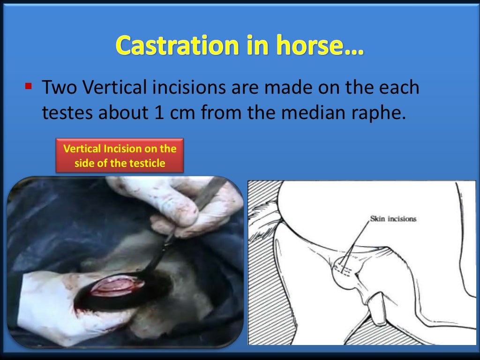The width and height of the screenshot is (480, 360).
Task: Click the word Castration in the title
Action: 170,45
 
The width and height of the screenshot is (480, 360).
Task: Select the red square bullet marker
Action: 29,86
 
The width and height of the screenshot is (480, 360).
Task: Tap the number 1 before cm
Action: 159,113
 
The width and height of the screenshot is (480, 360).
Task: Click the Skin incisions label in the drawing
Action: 393,219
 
